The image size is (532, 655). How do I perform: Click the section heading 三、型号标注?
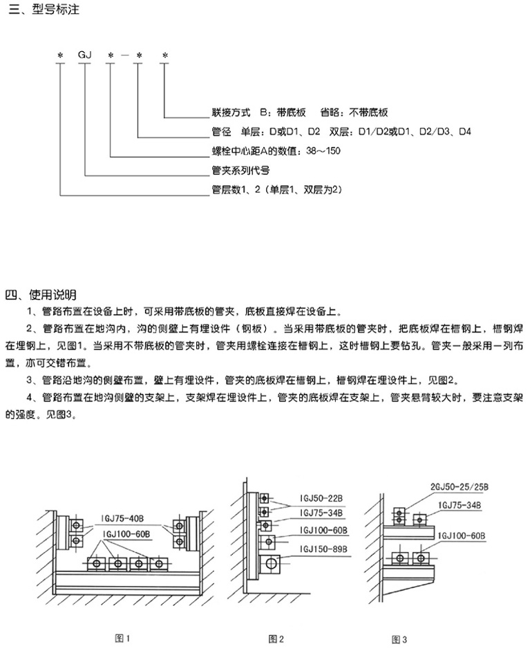[44, 9]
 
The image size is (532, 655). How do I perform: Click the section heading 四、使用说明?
[41, 295]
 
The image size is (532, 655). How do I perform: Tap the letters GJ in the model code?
[85, 55]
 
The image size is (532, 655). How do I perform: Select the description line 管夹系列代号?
[240, 171]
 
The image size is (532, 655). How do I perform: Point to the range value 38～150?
[323, 151]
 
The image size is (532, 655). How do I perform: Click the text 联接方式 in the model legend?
[231, 113]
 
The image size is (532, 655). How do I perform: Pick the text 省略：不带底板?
[354, 113]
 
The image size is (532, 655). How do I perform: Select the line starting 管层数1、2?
[277, 189]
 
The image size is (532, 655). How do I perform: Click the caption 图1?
[122, 638]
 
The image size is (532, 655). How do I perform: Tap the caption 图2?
[276, 638]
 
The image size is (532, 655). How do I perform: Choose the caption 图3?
[399, 640]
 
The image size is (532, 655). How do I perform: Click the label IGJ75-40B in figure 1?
[122, 518]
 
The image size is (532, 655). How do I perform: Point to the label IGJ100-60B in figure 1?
[126, 534]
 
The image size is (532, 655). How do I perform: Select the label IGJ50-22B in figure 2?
[321, 498]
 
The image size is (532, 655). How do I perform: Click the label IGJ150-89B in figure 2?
[323, 549]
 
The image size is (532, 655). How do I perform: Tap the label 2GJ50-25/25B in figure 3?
[459, 487]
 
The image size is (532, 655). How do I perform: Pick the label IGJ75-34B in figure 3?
[459, 506]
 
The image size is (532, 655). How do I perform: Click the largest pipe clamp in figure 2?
[270, 564]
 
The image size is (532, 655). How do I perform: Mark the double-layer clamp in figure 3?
[399, 516]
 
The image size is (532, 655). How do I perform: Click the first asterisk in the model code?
[61, 55]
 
